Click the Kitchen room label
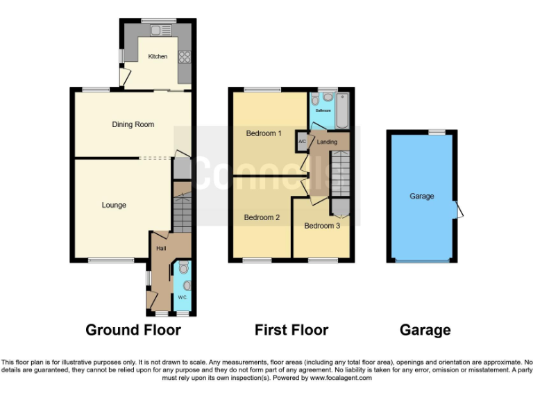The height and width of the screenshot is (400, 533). coord(158,56)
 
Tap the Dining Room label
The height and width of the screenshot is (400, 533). coord(133,125)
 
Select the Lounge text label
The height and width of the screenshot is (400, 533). coord(114,205)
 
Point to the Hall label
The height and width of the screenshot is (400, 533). coord(160,248)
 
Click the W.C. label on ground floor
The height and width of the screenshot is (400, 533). coord(183,297)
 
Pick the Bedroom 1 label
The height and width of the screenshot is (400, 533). coord(264,133)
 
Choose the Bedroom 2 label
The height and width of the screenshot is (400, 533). coord(262,217)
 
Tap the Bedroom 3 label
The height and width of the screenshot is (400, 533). coord(322,226)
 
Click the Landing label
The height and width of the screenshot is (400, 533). coord(327,142)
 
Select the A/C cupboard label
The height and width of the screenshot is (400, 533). coord(302,142)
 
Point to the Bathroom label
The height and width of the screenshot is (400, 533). coord(323,110)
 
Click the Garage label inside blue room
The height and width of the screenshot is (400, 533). coord(421,197)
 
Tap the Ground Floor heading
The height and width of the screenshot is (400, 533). coord(133,330)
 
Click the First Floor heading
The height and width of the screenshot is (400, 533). coord(291,330)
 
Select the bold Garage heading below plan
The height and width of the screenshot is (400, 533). coord(425,330)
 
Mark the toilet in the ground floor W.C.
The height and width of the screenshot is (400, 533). coord(183,267)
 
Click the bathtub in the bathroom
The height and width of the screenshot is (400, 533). coord(342,111)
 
